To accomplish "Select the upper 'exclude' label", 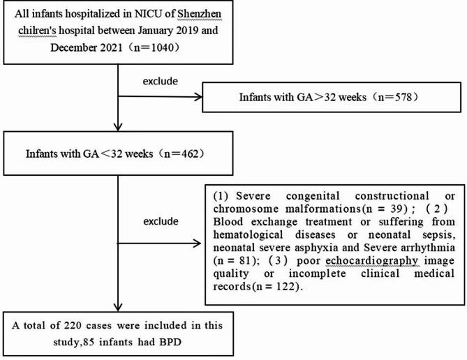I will point(158,80).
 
